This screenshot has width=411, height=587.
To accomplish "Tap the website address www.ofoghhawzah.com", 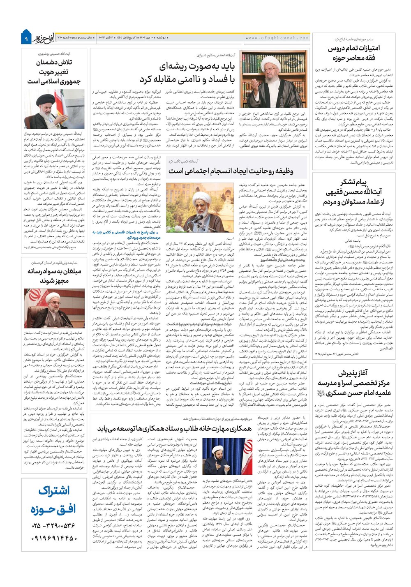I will [x=278, y=38].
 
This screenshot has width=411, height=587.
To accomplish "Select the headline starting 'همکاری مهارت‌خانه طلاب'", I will [x=175, y=428].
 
